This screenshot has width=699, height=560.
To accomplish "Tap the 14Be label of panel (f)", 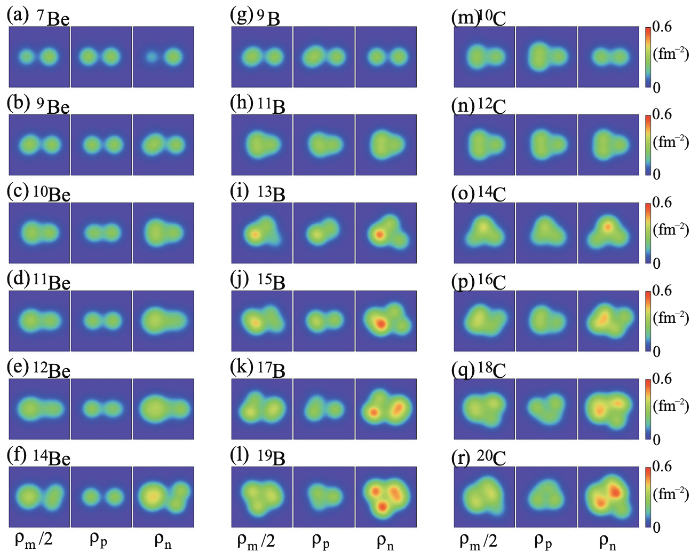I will [x=52, y=457].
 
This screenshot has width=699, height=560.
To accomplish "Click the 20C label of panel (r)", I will [x=491, y=457].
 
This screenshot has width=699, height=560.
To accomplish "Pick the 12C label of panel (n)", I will [x=491, y=106].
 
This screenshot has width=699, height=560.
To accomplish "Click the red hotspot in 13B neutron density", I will [x=379, y=234].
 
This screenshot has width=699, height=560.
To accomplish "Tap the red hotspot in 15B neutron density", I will [x=380, y=323].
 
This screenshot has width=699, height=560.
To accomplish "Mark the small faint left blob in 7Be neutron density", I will [x=152, y=56].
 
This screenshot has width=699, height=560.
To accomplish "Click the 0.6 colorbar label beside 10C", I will [x=662, y=27].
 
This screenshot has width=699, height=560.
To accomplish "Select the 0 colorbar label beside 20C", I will [x=657, y=527].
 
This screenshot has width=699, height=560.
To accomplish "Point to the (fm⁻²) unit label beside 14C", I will [x=671, y=230].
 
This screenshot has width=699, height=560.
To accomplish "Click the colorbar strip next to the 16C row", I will [x=648, y=321].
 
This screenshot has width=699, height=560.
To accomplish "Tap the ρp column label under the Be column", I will [x=98, y=541].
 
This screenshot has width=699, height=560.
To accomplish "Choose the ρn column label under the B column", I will [x=385, y=541].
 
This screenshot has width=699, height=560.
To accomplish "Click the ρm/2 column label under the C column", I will [x=478, y=541].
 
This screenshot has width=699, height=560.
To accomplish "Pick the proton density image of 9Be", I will [x=101, y=144].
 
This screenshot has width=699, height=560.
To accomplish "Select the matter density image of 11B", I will [x=261, y=144].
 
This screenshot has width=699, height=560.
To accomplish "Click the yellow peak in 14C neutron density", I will [x=607, y=227].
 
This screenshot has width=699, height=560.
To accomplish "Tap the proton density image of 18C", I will [x=546, y=409].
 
